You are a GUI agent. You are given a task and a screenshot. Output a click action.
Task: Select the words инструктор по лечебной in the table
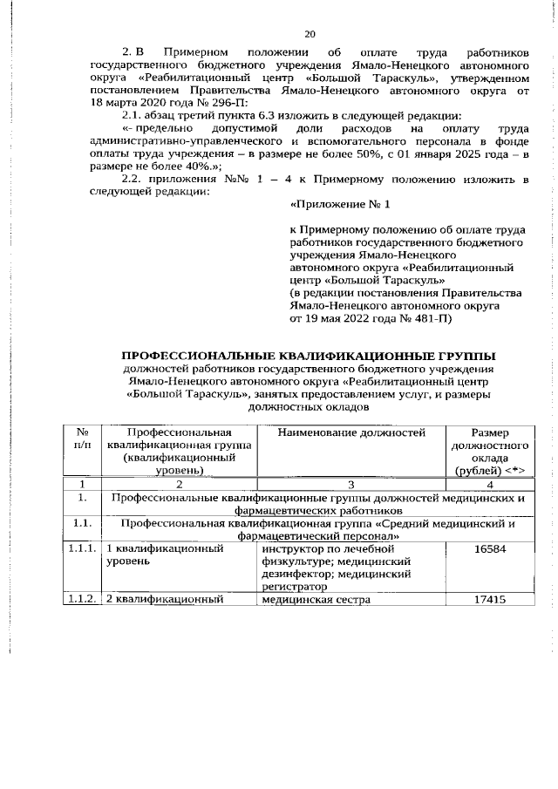point(322,548)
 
